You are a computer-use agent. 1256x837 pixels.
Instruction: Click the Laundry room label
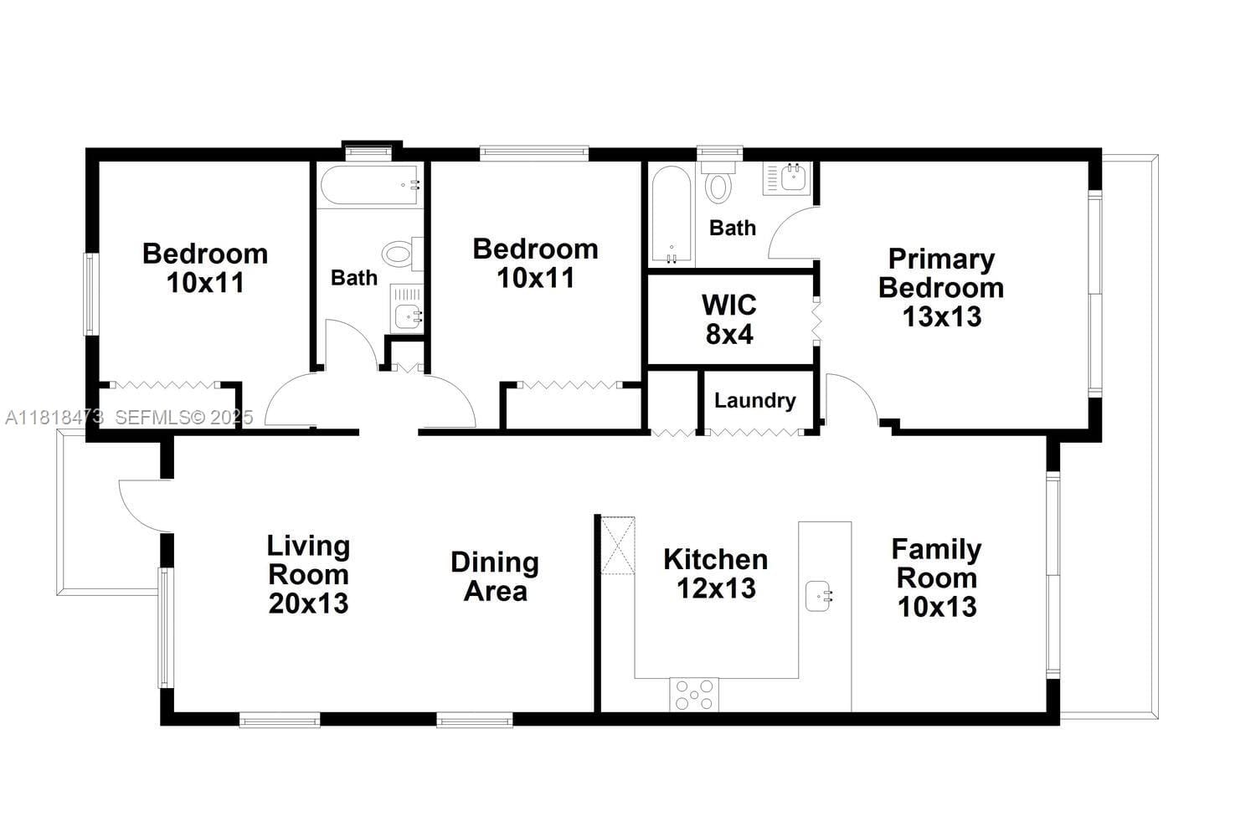point(754,400)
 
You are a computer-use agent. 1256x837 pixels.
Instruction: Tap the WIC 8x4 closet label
point(729,320)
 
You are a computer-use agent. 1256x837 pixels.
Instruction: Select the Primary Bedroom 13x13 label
point(941,288)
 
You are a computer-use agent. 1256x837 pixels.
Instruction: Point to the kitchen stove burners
point(694,695)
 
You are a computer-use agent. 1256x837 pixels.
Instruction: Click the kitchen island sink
point(819,596)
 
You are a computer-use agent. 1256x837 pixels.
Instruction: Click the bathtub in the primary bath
point(671,215)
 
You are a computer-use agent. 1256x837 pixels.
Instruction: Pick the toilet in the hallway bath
point(403,254)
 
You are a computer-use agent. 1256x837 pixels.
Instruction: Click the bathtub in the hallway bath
point(371,185)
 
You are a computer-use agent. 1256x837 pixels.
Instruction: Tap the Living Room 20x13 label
point(308,574)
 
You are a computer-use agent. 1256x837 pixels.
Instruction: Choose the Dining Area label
point(495,577)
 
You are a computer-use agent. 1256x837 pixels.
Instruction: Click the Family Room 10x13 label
point(936,578)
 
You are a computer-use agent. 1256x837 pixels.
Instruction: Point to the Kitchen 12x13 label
point(716,573)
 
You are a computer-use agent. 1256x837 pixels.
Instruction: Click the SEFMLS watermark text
point(184,417)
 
